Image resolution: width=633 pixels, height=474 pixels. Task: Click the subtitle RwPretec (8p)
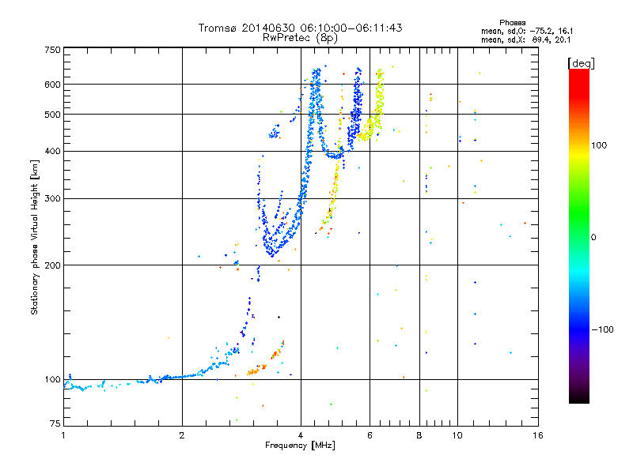click(x=300, y=38)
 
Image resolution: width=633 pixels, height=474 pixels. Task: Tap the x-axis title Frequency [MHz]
click(x=300, y=446)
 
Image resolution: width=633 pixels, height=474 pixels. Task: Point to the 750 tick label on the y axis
click(x=52, y=50)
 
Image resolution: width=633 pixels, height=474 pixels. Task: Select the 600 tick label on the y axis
click(x=52, y=85)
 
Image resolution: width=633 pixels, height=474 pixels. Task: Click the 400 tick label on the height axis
click(x=52, y=151)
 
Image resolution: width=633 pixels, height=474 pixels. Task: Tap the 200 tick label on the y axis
click(x=52, y=265)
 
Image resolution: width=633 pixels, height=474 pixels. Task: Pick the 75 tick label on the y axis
click(x=55, y=423)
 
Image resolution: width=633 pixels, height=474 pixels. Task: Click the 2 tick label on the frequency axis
click(x=182, y=435)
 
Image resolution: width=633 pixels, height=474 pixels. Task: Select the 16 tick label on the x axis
click(x=538, y=435)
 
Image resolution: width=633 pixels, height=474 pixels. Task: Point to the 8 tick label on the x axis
click(x=419, y=435)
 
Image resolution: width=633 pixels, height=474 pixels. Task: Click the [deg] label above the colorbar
click(x=581, y=63)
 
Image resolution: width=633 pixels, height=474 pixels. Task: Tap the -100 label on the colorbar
click(x=603, y=329)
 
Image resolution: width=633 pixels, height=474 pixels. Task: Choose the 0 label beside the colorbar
click(x=593, y=237)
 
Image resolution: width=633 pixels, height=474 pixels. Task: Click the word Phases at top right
click(x=512, y=23)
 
